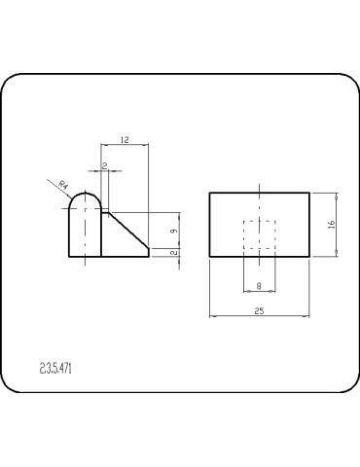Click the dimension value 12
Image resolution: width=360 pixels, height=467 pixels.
tap(125, 140)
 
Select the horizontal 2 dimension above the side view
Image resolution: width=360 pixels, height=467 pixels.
tap(104, 165)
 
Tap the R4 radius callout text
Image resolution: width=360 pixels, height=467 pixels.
tap(63, 184)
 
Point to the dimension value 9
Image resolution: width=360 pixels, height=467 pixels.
tap(172, 231)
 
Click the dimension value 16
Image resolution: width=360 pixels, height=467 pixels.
tap(331, 224)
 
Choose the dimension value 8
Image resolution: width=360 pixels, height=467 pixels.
tap(259, 285)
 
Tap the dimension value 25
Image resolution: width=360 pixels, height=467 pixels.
tap(259, 310)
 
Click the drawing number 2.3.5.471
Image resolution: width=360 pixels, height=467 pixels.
tap(59, 368)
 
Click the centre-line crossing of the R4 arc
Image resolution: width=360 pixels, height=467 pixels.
tap(86, 209)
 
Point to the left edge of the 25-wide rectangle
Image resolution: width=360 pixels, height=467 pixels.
tap(210, 224)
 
